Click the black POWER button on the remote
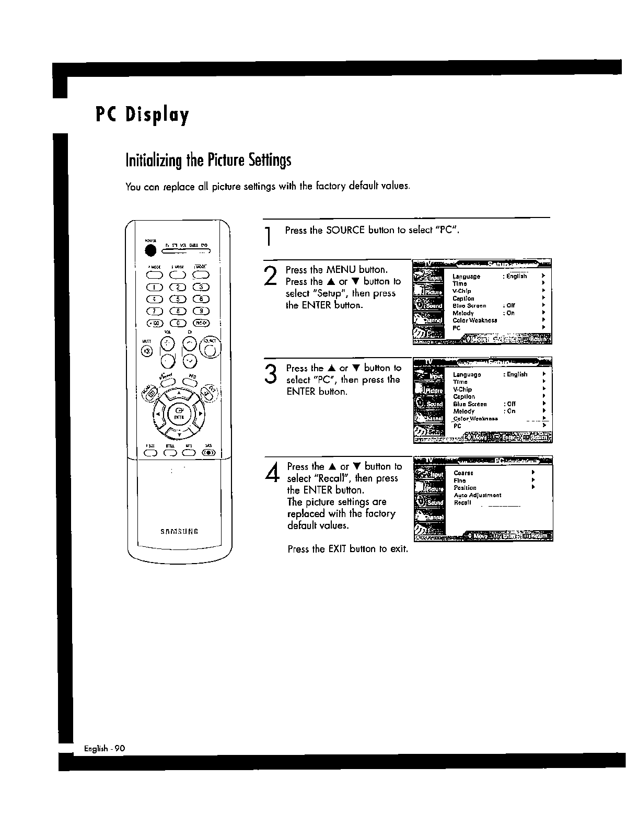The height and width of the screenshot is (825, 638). [x=151, y=251]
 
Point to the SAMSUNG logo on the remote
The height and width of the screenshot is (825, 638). [x=179, y=532]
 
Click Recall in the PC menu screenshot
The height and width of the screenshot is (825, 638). [x=462, y=503]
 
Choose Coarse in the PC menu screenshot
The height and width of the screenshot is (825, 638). [x=463, y=473]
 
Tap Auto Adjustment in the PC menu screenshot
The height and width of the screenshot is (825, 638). [x=477, y=495]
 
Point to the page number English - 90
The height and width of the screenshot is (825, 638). [x=105, y=749]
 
